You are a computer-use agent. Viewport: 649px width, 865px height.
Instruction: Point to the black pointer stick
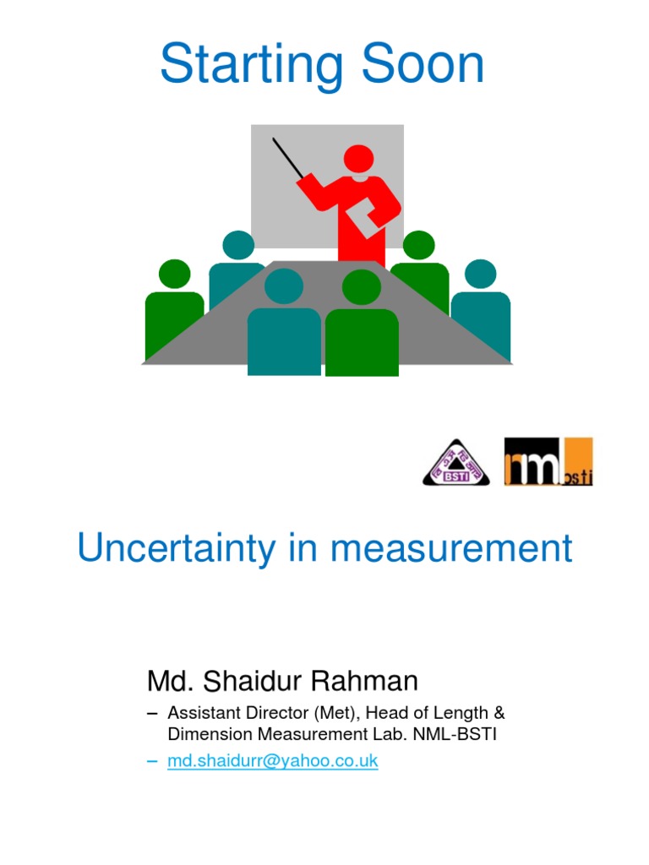(x=287, y=158)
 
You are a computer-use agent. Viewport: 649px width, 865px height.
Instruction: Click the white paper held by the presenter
(x=371, y=217)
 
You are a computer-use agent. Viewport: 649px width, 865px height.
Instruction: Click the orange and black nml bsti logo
(x=548, y=461)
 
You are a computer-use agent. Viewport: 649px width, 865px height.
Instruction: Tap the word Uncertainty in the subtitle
(x=176, y=549)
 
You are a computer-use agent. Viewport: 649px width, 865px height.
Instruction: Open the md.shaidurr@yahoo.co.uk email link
(x=272, y=761)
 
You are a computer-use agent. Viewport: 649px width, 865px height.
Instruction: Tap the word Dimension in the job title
(x=203, y=734)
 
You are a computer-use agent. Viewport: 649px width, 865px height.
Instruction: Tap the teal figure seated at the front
(x=284, y=329)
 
